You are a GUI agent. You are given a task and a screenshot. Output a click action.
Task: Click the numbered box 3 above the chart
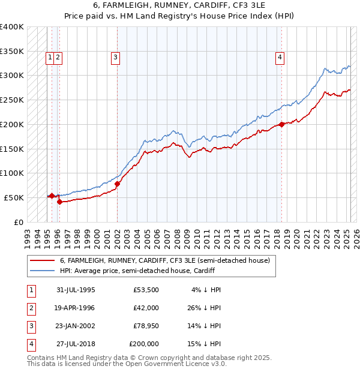pyautogui.click(x=115, y=58)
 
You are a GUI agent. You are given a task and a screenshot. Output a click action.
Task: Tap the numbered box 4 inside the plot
pyautogui.click(x=280, y=58)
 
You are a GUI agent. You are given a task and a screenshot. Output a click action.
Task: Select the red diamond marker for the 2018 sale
pyautogui.click(x=282, y=125)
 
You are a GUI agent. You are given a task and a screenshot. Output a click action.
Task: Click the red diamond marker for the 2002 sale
pyautogui.click(x=118, y=184)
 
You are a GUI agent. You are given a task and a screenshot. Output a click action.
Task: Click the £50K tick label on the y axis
pyautogui.click(x=14, y=197)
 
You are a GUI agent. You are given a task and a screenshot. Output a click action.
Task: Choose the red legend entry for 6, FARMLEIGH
pyautogui.click(x=165, y=260)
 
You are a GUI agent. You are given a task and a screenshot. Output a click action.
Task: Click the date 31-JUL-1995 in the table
pyautogui.click(x=76, y=290)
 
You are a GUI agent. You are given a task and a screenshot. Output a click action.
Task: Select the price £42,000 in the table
pyautogui.click(x=146, y=308)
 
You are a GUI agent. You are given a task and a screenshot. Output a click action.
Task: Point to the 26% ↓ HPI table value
pyautogui.click(x=206, y=308)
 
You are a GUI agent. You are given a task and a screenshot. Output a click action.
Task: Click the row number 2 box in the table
pyautogui.click(x=31, y=308)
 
